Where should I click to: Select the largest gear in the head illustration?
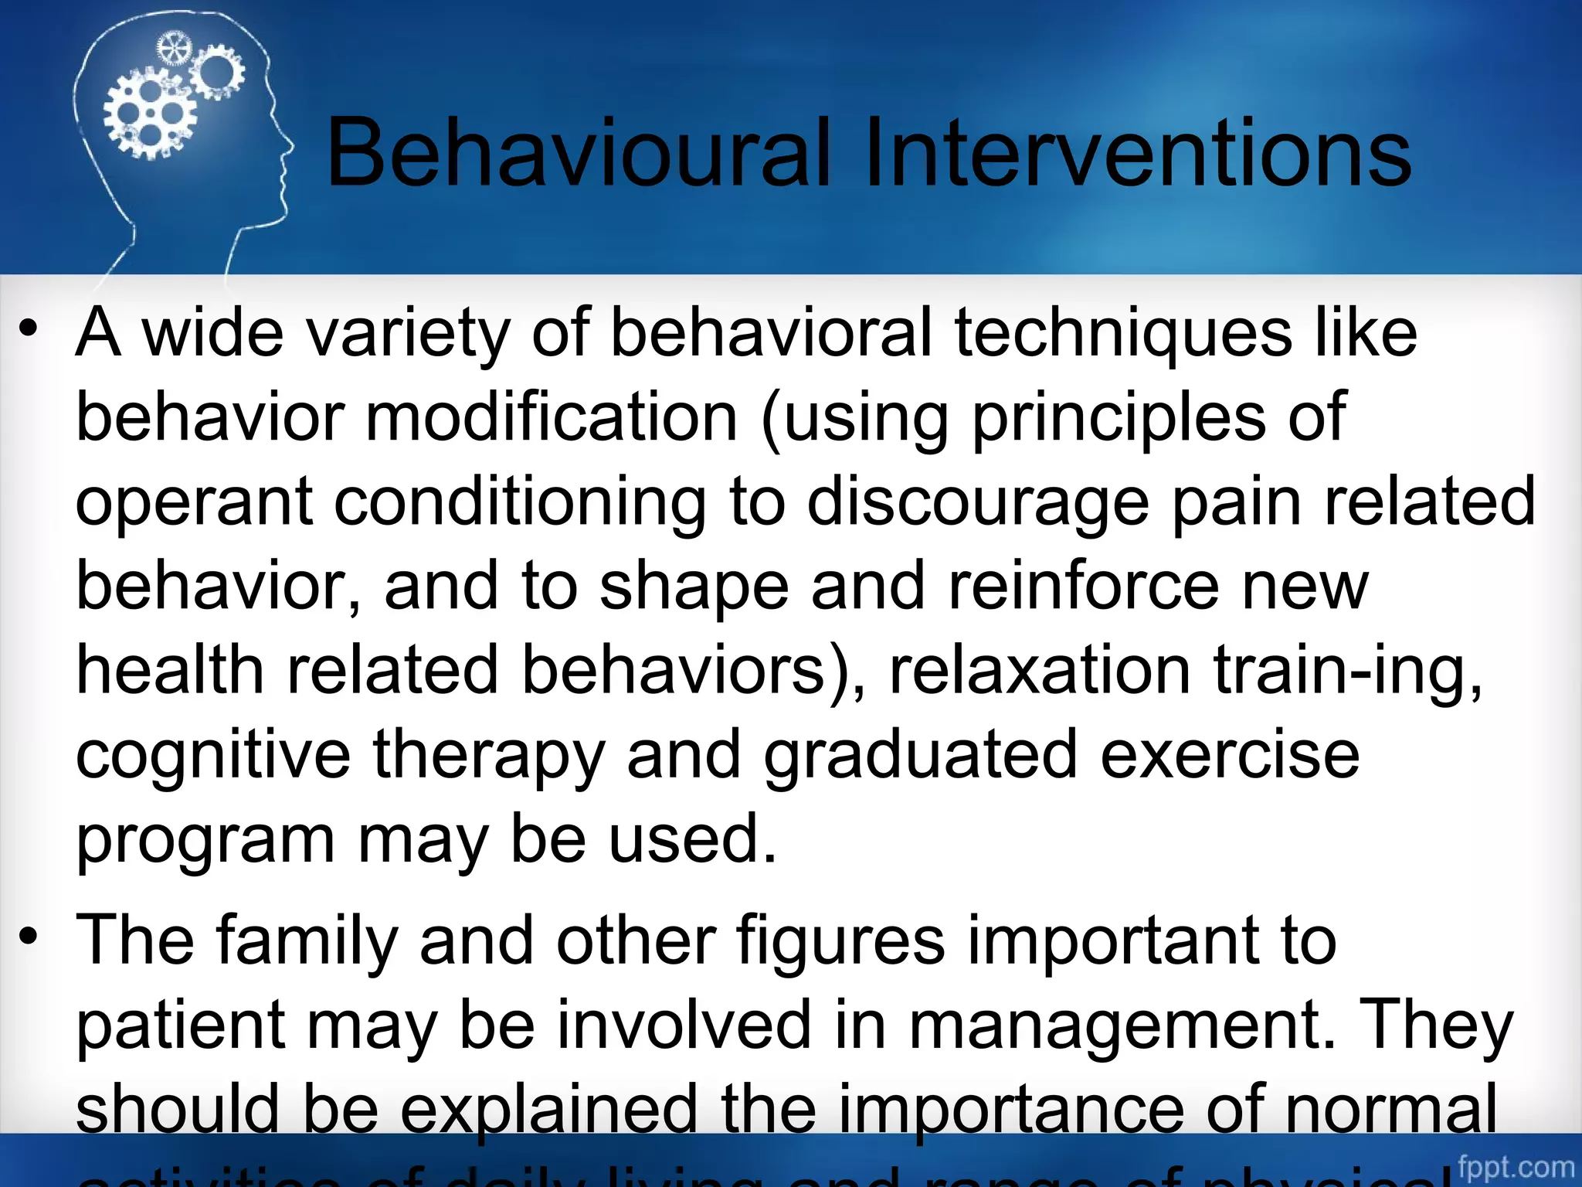click(150, 114)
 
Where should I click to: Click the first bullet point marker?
click(29, 331)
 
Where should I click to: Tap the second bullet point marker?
click(29, 938)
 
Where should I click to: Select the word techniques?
click(1123, 334)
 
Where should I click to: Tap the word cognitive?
click(213, 756)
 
